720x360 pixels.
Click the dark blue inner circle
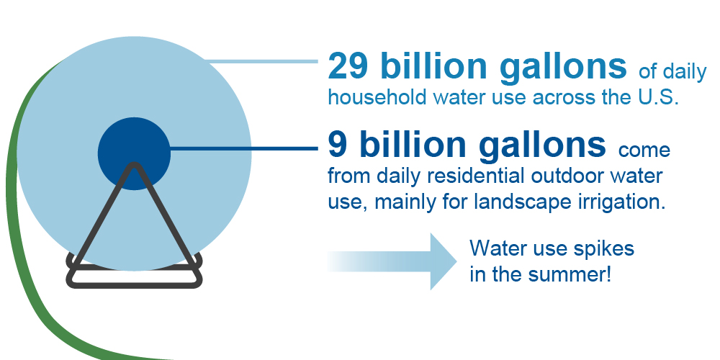pyautogui.click(x=134, y=153)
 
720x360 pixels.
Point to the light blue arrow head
pyautogui.click(x=444, y=262)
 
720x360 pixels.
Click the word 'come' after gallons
pyautogui.click(x=644, y=150)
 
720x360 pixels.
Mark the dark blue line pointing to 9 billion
pyautogui.click(x=244, y=148)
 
